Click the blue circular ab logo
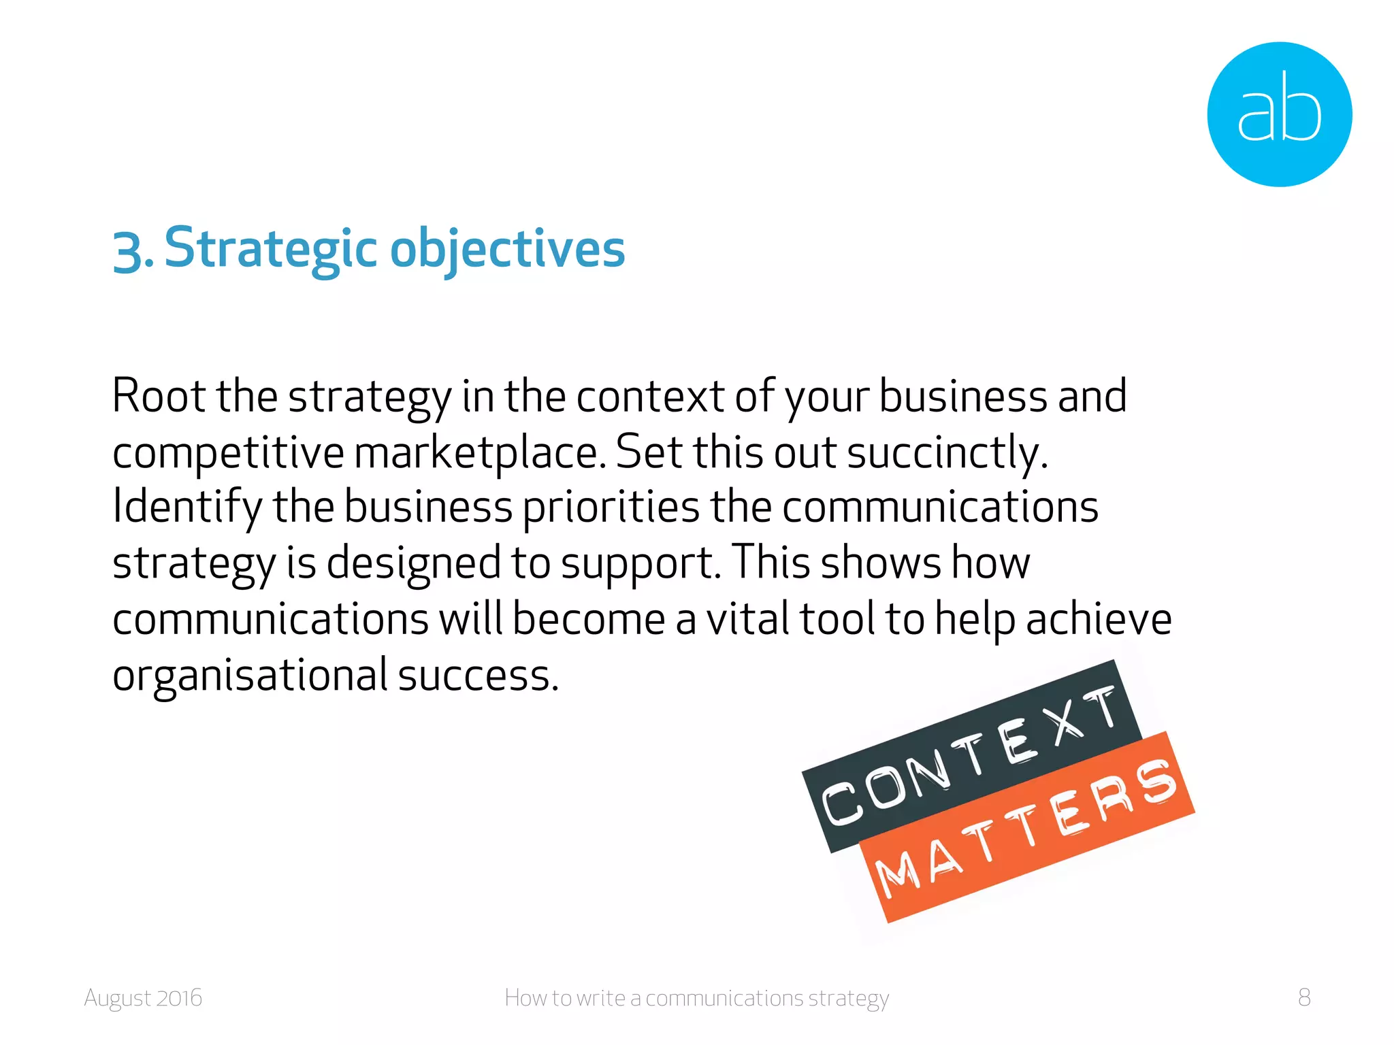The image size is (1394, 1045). (x=1279, y=114)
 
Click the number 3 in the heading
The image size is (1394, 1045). (x=127, y=251)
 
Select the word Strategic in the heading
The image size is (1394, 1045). (x=271, y=248)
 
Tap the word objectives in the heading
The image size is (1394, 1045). (x=507, y=250)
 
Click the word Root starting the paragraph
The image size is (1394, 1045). (x=159, y=396)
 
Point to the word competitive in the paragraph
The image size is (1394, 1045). (x=228, y=453)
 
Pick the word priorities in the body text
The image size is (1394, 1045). (x=611, y=508)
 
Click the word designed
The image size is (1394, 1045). (x=414, y=563)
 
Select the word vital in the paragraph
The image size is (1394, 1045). (x=747, y=619)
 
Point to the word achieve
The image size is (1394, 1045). (x=1099, y=619)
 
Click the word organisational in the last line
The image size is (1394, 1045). (x=250, y=676)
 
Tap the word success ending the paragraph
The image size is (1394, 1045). (x=477, y=676)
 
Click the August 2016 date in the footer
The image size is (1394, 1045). (x=143, y=998)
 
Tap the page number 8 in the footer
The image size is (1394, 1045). (x=1304, y=997)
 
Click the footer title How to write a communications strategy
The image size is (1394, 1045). (x=696, y=998)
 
